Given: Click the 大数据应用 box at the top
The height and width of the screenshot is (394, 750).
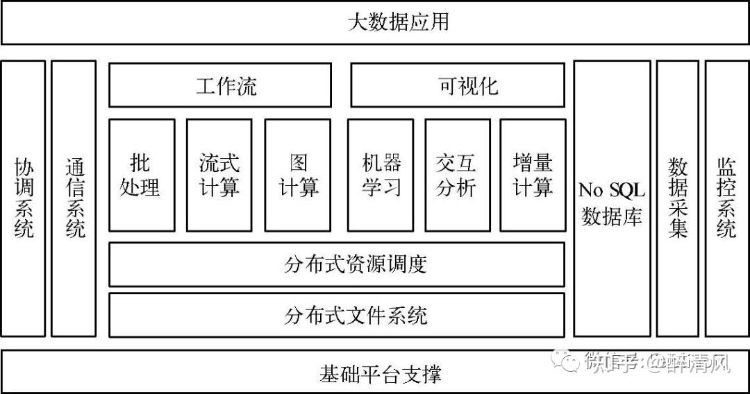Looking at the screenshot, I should click(375, 22).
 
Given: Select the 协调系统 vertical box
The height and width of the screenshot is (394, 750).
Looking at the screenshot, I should click(23, 198).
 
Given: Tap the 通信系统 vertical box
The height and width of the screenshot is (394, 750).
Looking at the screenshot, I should click(74, 198).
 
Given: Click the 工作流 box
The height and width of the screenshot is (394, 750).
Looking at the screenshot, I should click(220, 85).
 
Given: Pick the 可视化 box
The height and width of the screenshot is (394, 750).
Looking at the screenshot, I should click(458, 85).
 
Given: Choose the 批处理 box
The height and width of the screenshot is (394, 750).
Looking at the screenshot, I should click(142, 175).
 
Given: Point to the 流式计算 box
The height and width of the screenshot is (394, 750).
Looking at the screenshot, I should click(219, 175).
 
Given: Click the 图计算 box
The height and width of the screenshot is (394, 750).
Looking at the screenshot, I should click(297, 175).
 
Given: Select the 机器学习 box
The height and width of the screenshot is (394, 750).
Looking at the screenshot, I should click(381, 175).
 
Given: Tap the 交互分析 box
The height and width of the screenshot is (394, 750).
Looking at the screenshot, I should click(457, 175).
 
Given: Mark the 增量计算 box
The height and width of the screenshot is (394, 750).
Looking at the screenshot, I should click(533, 175).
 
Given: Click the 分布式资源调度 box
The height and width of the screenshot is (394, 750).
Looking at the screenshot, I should click(337, 264).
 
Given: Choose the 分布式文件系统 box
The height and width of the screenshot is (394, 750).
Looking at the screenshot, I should click(337, 315).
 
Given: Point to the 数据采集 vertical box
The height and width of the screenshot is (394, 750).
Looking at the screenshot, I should click(677, 198).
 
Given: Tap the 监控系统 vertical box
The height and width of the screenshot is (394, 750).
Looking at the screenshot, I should click(726, 198).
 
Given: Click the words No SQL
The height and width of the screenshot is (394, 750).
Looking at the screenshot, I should click(612, 189).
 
